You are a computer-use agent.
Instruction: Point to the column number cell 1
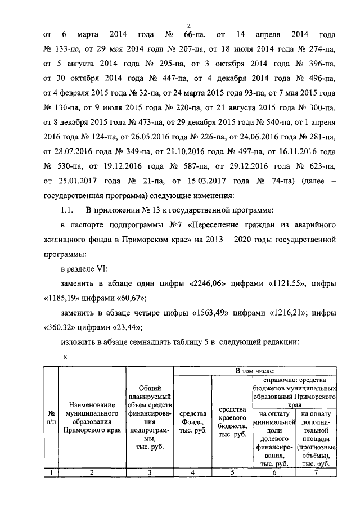point(51,472)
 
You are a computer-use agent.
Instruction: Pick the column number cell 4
point(192,472)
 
